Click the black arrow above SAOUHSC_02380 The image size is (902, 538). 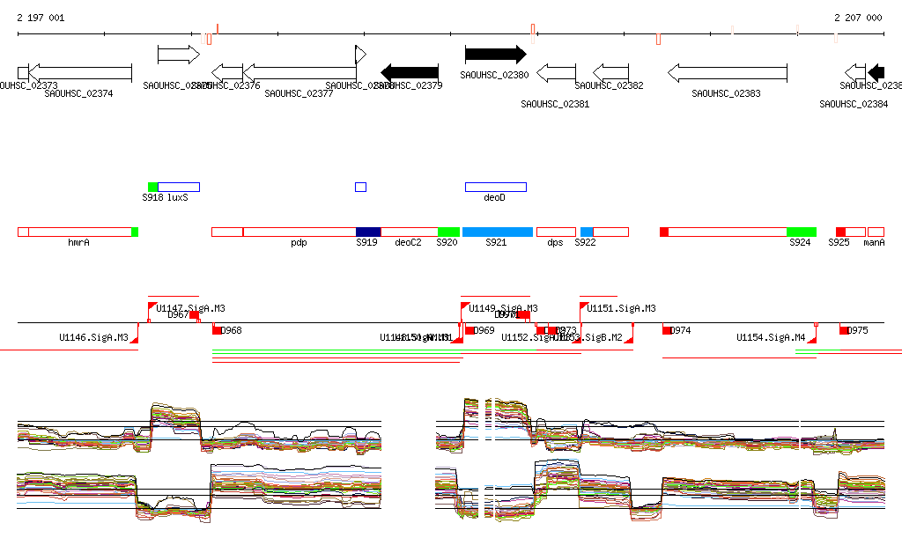click(x=495, y=55)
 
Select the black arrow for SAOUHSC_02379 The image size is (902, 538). click(x=410, y=72)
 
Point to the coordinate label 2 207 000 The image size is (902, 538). click(x=858, y=18)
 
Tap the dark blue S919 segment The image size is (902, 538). click(x=368, y=232)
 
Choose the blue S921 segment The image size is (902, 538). click(x=498, y=232)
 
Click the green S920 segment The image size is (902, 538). click(x=449, y=232)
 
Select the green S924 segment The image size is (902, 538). click(x=802, y=232)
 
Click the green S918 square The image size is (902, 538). click(x=153, y=187)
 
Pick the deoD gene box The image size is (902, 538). click(x=495, y=187)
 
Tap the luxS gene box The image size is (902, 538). click(x=180, y=187)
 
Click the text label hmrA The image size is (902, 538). click(x=78, y=242)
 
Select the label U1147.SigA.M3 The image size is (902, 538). click(x=190, y=308)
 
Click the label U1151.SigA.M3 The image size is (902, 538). click(x=621, y=308)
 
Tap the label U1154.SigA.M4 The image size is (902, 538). click(x=771, y=337)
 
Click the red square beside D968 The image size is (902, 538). click(x=217, y=330)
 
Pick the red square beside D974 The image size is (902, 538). click(x=667, y=330)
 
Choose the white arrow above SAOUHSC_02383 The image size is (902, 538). click(x=714, y=72)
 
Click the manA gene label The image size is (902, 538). click(x=874, y=242)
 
